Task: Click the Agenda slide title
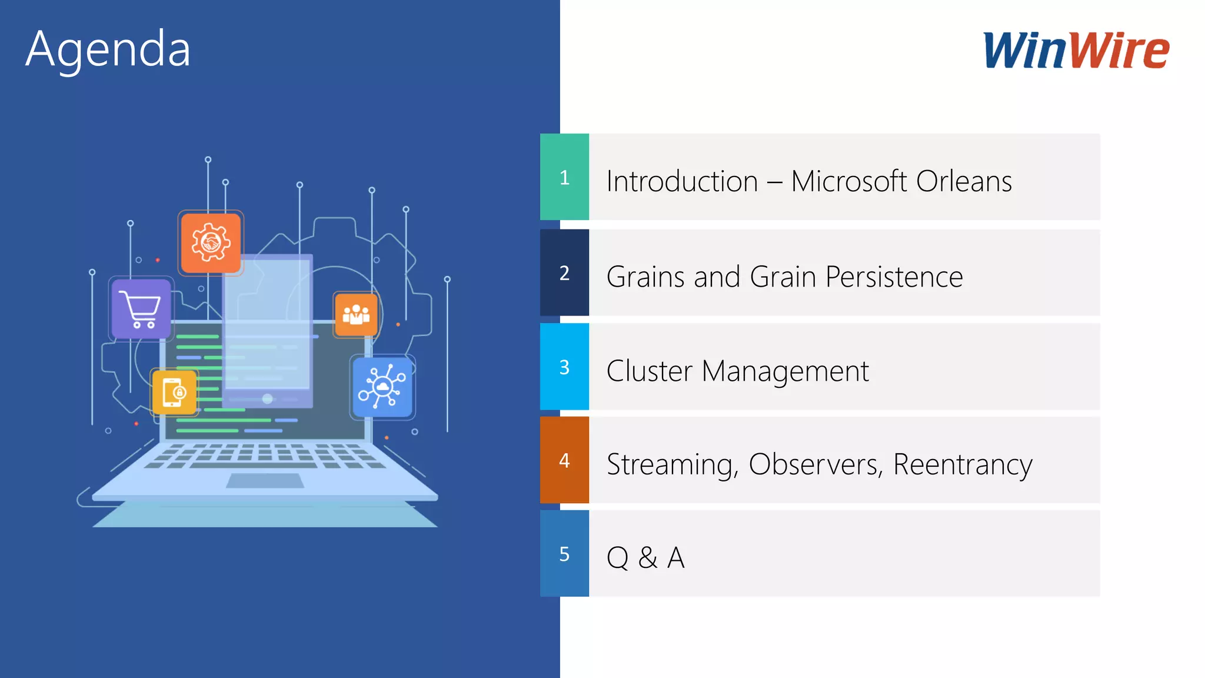point(108,49)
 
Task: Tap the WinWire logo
point(1076,51)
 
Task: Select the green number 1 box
point(564,177)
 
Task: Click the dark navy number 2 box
point(564,272)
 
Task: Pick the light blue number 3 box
point(564,367)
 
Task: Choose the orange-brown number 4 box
point(564,460)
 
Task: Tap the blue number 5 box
point(564,554)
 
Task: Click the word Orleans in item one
point(963,181)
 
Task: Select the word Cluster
point(649,371)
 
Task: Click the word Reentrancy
point(963,465)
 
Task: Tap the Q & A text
point(645,557)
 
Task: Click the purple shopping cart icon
point(141,309)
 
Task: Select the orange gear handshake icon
point(211,242)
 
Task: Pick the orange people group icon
point(356,315)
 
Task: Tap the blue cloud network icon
point(382,387)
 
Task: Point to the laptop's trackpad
point(265,481)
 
